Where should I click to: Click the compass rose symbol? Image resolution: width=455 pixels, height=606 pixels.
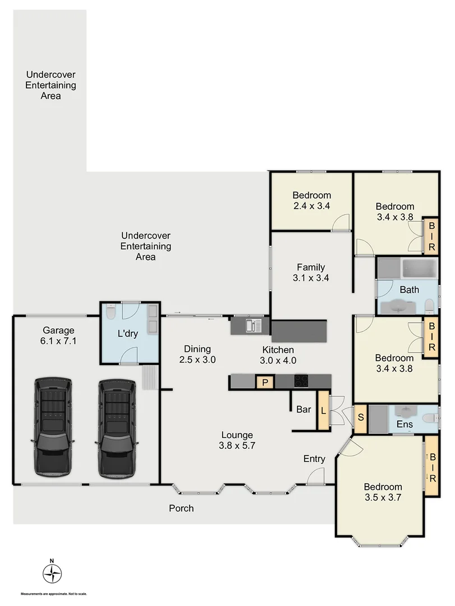pyautogui.click(x=52, y=573)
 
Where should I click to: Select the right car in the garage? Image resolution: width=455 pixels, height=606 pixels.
pyautogui.click(x=117, y=426)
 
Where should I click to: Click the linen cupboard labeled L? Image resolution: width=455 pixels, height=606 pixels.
pyautogui.click(x=324, y=410)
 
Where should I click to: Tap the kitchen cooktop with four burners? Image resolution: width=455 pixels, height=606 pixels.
pyautogui.click(x=301, y=382)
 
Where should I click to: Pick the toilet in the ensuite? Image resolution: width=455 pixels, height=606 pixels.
pyautogui.click(x=429, y=419)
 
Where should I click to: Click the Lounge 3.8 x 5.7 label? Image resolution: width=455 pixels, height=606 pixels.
pyautogui.click(x=237, y=440)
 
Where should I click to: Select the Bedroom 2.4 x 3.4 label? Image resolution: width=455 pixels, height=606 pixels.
pyautogui.click(x=311, y=200)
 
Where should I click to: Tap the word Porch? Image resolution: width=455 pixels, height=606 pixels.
pyautogui.click(x=181, y=508)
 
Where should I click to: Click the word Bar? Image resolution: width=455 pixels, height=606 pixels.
pyautogui.click(x=304, y=410)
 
